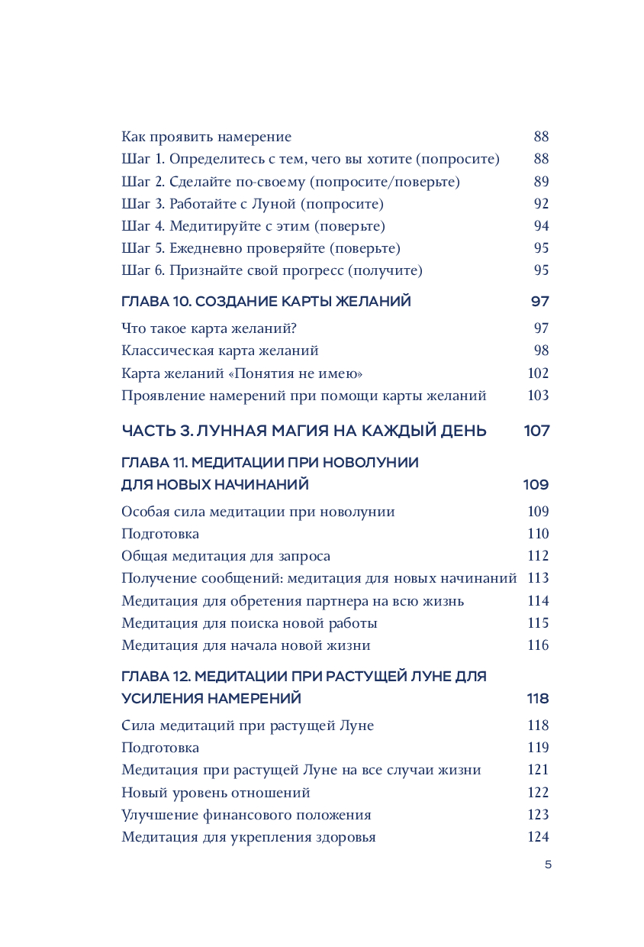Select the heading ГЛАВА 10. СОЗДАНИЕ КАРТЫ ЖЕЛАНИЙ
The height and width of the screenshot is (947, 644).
point(266,302)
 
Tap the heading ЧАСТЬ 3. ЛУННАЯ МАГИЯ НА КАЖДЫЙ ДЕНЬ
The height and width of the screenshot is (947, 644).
point(304,431)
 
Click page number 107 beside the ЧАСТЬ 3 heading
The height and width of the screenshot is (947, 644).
point(536,431)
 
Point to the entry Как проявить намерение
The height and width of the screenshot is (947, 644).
point(207,137)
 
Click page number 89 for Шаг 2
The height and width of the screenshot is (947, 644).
point(541,182)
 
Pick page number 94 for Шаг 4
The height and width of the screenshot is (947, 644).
point(541,226)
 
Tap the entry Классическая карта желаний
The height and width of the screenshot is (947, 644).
point(220,351)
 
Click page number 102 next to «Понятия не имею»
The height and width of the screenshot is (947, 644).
point(538,373)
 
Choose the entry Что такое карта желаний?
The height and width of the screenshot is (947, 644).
point(208,328)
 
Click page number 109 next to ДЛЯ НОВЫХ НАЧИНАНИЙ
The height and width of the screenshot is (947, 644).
point(536,485)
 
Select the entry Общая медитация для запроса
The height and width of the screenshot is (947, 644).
point(226,556)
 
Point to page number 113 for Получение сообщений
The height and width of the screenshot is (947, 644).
point(538,578)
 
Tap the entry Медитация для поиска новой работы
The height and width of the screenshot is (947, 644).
point(250,623)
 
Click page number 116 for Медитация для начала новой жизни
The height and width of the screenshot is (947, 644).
point(538,645)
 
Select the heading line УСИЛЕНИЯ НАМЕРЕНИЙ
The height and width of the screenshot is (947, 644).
point(211,699)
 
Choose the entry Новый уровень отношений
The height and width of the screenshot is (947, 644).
point(216,793)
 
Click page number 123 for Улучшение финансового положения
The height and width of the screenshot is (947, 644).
point(538,815)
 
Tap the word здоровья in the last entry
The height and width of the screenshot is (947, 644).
point(345,837)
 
